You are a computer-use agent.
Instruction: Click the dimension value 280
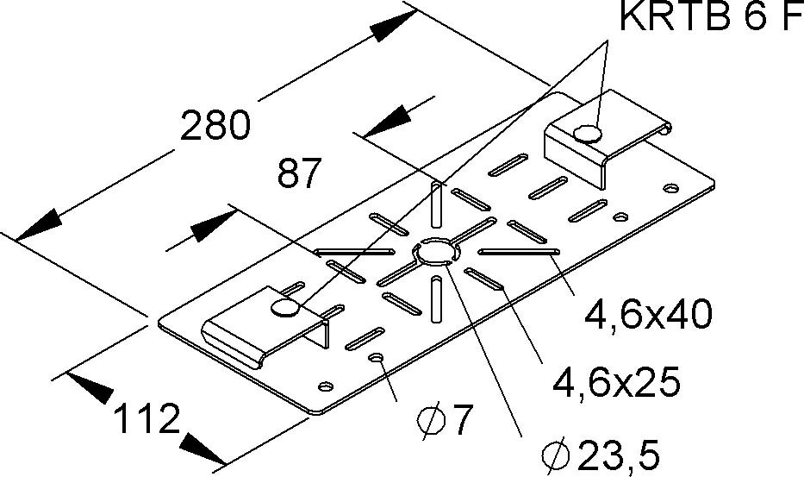[215, 126]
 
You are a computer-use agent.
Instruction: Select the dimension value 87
[299, 173]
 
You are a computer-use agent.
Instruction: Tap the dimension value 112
[146, 418]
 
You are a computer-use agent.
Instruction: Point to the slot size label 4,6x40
[648, 315]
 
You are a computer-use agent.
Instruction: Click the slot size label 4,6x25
[616, 381]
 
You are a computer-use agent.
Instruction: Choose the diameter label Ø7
[444, 420]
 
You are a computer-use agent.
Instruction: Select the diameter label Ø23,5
[600, 455]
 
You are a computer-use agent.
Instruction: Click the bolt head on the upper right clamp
[587, 134]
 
